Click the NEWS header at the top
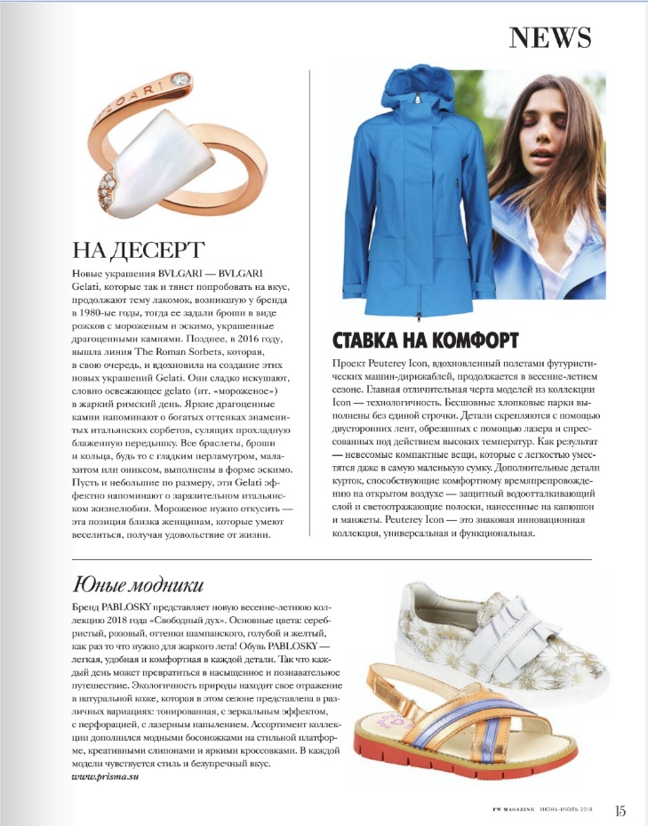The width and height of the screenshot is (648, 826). point(549,38)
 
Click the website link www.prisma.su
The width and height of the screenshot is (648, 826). point(105,777)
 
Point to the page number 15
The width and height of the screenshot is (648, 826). point(620,810)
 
